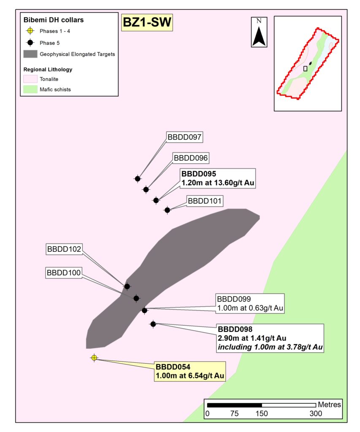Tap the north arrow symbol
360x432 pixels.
(x=259, y=32)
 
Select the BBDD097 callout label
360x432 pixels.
(x=185, y=137)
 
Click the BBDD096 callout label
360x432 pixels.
(x=191, y=158)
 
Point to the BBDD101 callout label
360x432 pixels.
(x=205, y=201)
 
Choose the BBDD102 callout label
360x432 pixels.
(x=64, y=249)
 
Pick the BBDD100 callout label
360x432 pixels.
(x=64, y=273)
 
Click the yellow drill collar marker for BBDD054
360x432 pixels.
(x=94, y=358)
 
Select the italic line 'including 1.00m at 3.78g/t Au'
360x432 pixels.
(x=270, y=347)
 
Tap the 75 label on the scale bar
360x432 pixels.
(x=234, y=413)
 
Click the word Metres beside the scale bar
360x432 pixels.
(x=329, y=405)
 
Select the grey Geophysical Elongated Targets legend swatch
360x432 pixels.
(x=30, y=54)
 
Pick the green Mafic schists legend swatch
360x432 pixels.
(x=30, y=89)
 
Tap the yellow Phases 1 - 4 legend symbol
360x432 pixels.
(x=30, y=31)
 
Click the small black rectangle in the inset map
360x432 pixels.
(x=305, y=68)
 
